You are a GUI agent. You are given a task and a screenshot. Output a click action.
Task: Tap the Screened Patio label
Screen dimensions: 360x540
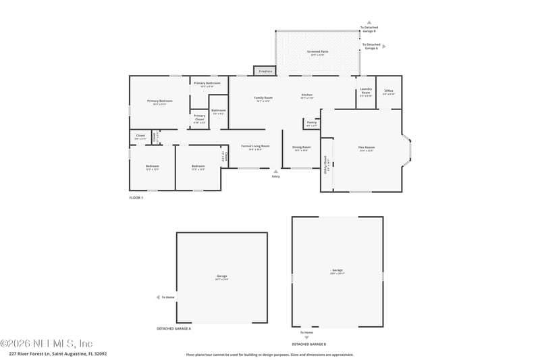coord(317,53)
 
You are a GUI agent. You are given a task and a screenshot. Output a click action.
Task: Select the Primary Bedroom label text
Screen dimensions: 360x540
coord(159,102)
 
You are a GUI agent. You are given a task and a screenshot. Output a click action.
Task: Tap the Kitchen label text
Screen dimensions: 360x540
coord(307,96)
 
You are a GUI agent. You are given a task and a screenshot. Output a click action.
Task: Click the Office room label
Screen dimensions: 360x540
coord(388,92)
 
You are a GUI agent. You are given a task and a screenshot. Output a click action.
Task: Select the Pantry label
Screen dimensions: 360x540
coord(311,124)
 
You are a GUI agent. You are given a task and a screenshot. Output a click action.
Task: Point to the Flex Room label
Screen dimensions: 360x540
coord(366,149)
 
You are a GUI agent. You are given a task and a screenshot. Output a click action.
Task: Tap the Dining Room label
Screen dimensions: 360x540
coord(301,148)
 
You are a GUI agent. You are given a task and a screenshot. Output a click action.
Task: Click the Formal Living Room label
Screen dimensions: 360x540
coord(255,147)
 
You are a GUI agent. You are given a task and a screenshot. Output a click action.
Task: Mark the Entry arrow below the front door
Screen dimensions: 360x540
coord(275,172)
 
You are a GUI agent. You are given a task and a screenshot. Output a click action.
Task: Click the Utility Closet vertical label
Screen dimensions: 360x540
coord(327,164)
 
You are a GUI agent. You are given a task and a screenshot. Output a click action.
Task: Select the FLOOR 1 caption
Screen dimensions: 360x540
coord(136,198)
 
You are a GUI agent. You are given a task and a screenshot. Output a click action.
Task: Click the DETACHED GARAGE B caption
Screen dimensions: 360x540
coord(308,344)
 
